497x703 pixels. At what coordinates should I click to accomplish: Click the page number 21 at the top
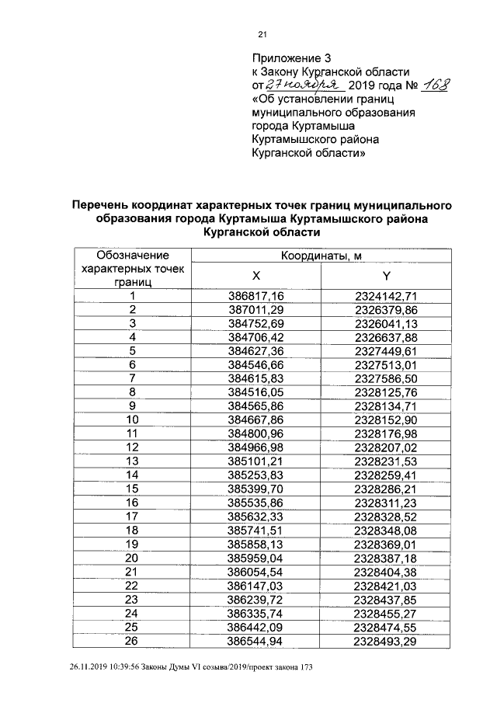[262, 33]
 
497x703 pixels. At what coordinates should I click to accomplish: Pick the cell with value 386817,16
[257, 296]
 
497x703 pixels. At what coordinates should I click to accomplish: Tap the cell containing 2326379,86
[386, 310]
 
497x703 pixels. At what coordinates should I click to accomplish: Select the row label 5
[133, 350]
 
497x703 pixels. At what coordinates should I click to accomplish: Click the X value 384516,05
[257, 392]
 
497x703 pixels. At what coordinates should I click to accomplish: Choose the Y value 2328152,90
[386, 419]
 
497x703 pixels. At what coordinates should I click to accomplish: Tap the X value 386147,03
[257, 584]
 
